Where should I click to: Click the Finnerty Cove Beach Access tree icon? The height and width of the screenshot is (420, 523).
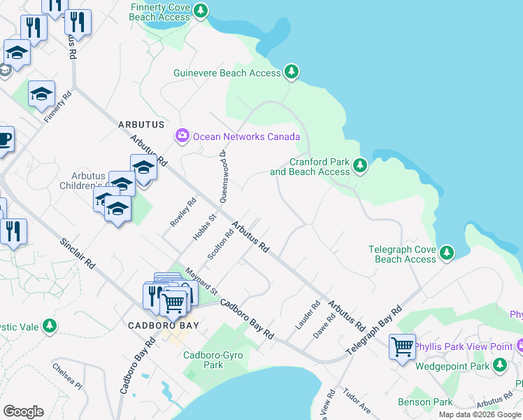pos(201,11)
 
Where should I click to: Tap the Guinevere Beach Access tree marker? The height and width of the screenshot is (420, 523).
pos(292,72)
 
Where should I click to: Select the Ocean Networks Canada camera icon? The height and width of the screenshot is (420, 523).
pos(182,136)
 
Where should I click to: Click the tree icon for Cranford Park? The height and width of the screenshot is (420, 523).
pos(359,166)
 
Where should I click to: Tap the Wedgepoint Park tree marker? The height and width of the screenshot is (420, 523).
pos(499,365)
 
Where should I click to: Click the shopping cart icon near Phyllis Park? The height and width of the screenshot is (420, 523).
pos(403,346)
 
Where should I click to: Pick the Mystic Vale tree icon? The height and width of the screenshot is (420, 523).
pos(49,325)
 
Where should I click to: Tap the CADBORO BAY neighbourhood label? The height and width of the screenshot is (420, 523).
pos(164,325)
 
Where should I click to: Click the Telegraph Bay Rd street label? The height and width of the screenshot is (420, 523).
pos(377,328)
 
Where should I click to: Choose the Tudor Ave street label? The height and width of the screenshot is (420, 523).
pos(357,401)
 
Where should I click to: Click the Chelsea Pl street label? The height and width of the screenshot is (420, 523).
pos(67,374)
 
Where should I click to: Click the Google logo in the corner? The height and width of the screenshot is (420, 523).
pos(23,412)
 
